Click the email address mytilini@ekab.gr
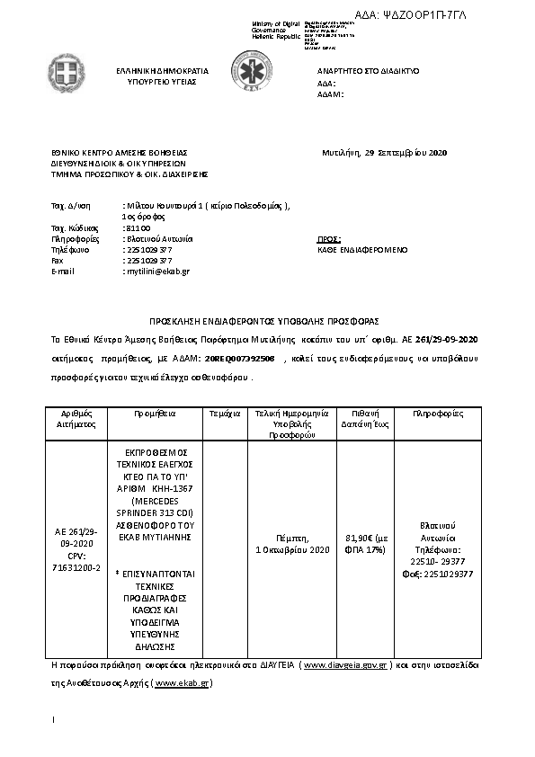[156, 271]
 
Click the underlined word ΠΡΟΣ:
[329, 239]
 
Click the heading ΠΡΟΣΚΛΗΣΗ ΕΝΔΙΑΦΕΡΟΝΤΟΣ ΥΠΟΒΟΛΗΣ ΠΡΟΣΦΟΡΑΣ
[265, 321]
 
